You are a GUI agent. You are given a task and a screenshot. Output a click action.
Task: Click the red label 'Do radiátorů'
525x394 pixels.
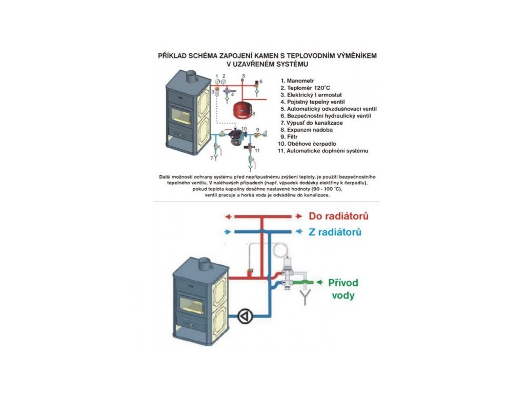[338, 216]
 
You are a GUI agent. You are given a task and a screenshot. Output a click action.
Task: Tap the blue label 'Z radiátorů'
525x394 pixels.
[335, 232]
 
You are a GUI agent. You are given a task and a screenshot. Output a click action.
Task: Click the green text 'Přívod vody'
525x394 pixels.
[343, 289]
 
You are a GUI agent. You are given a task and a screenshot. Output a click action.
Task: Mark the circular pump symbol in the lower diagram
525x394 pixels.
[246, 316]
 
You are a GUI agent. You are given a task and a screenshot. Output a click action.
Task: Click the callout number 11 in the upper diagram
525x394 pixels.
[257, 150]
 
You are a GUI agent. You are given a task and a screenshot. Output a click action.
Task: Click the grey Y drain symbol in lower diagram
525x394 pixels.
[306, 297]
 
